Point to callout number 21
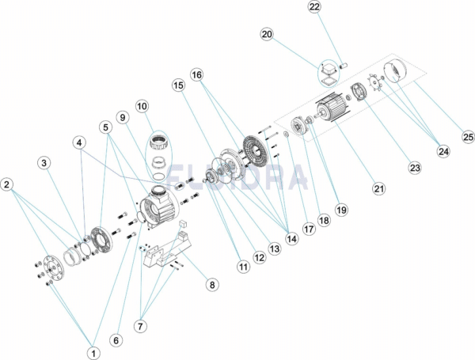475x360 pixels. (379, 188)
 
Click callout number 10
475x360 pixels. (142, 106)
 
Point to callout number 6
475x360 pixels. (116, 340)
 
